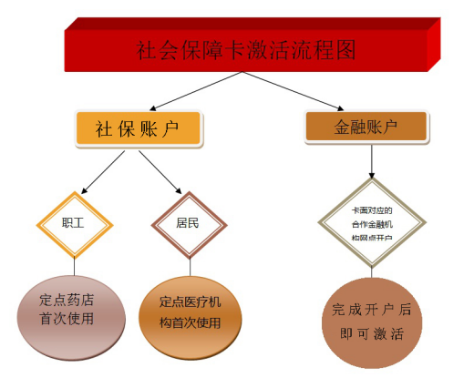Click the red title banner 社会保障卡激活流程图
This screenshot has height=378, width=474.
coord(252,45)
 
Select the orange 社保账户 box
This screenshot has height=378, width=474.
coord(139,128)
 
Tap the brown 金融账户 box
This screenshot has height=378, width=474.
coord(366,127)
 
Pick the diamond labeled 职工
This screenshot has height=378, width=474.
coord(75,225)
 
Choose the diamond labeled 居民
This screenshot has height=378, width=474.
coord(189,225)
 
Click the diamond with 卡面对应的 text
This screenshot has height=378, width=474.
coord(372,222)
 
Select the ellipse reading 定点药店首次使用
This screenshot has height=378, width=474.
coord(71,318)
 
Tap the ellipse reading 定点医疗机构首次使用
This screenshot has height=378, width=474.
coord(191,318)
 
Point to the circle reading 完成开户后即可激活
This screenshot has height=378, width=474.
coord(372,323)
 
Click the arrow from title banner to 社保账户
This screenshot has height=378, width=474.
coord(196,91)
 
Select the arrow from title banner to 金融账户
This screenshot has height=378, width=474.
coord(293,91)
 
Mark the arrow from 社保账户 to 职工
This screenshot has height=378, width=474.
coord(103,172)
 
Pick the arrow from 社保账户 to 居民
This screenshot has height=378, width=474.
coord(160,172)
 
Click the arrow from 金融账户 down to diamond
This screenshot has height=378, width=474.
coord(372,161)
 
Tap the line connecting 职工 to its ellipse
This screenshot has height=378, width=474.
coord(75,267)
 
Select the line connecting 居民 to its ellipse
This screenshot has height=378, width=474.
coord(191,268)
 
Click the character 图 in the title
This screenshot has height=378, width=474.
coord(345,50)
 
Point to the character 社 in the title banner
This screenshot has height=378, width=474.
coord(146,50)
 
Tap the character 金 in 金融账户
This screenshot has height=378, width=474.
coord(342,127)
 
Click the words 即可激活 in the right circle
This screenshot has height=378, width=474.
coord(372,334)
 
